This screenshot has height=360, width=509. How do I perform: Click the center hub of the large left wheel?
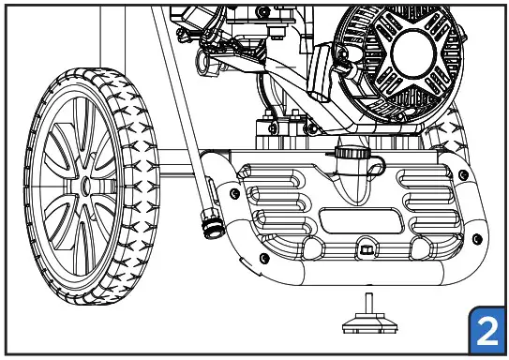[x=87, y=187]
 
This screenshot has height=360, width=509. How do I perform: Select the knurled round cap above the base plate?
[x=348, y=153]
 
